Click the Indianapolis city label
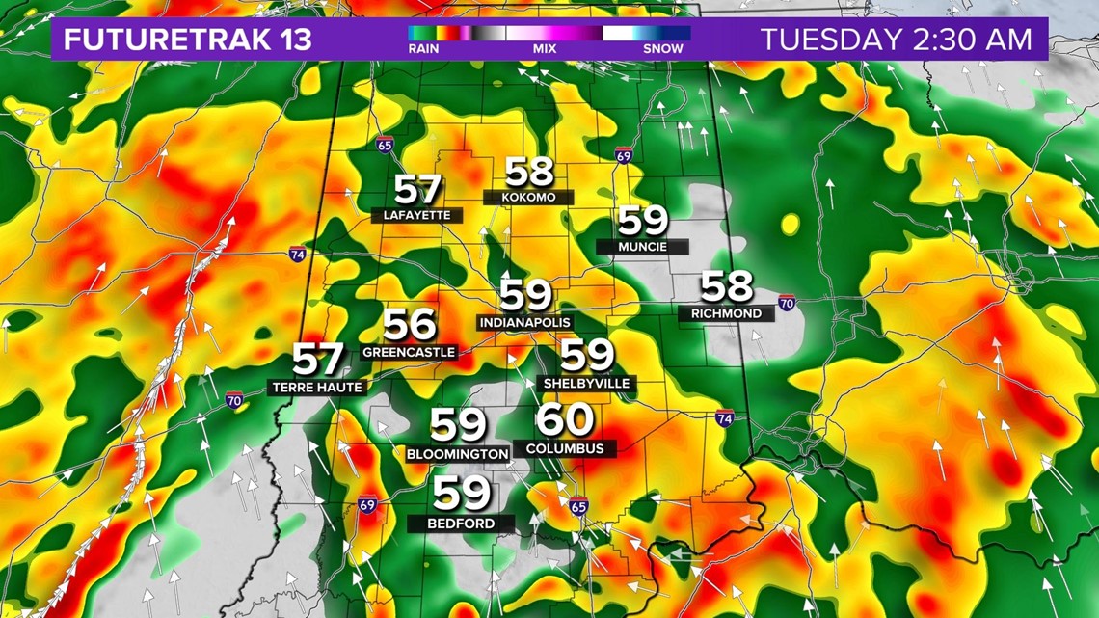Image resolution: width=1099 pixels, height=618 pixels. tap(523, 322)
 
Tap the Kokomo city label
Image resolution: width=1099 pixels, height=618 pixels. tap(528, 197)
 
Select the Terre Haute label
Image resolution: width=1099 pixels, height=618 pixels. tap(316, 387)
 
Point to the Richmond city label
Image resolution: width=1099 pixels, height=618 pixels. tap(726, 313)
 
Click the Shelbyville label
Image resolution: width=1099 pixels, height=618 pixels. tap(586, 383)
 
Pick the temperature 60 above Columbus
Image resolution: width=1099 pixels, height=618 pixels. tap(565, 421)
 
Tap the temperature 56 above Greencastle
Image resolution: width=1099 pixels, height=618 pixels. tap(410, 326)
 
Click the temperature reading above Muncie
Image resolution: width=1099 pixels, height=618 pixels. tap(642, 221)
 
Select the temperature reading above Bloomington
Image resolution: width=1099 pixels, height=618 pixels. tap(458, 424)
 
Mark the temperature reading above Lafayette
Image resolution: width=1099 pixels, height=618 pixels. tap(416, 189)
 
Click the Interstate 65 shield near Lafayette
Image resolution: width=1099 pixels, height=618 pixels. tap(385, 146)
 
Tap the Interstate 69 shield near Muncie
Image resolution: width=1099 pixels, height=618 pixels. tap(623, 154)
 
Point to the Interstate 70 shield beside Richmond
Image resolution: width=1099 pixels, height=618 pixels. tap(788, 303)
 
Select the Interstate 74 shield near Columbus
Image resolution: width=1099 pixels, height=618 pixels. tap(725, 417)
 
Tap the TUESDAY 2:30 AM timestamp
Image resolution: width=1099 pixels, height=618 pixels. tap(897, 40)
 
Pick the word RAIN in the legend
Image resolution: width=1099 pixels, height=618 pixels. tap(424, 48)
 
